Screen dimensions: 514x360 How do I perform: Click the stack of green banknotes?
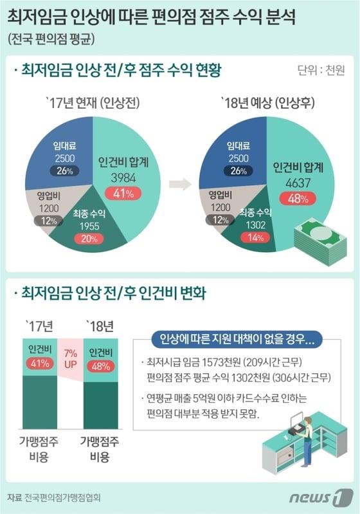click(319, 242)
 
